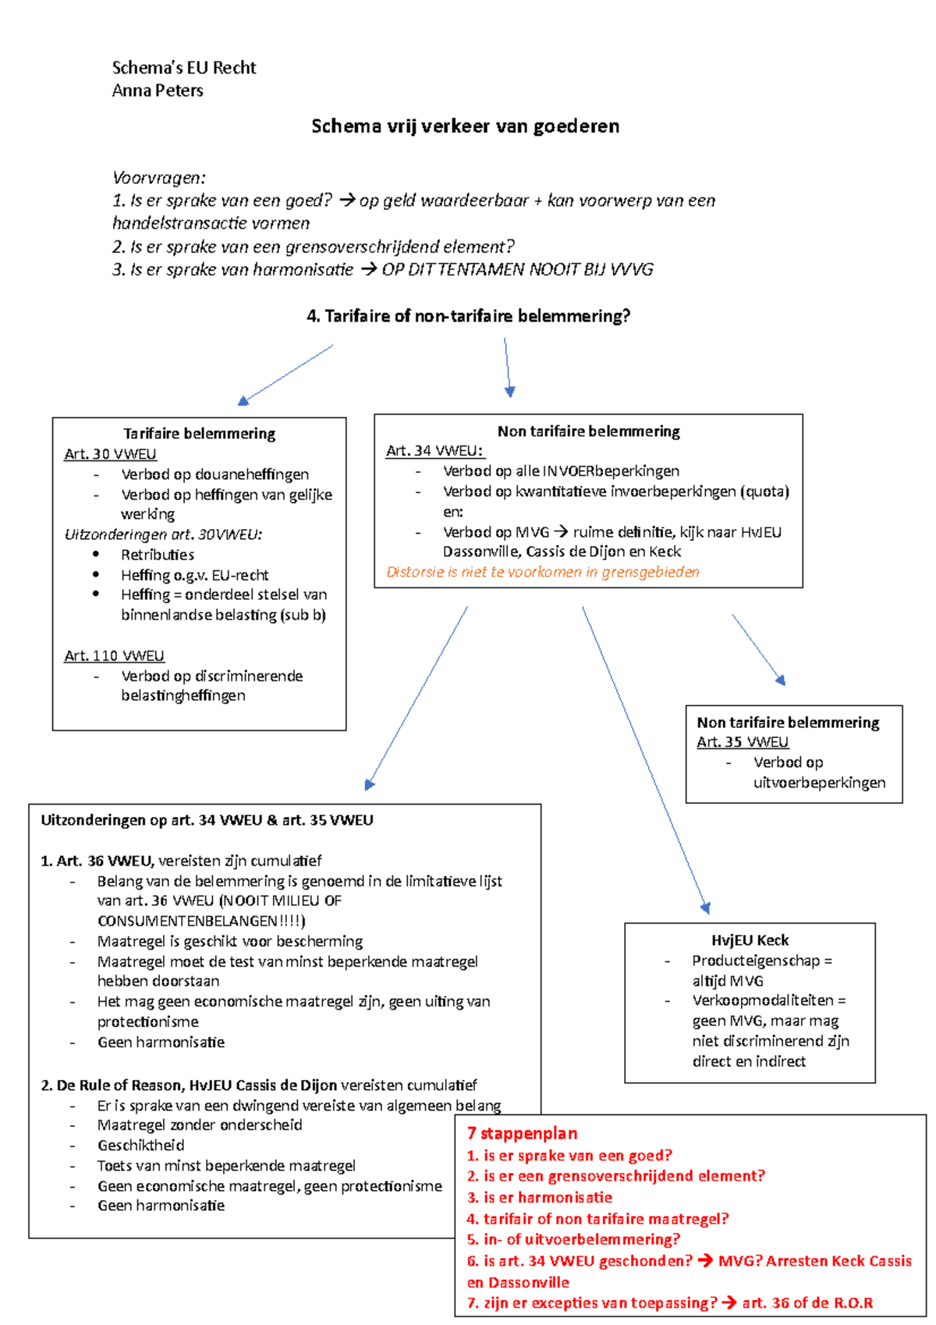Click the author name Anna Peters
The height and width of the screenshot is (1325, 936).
click(x=158, y=91)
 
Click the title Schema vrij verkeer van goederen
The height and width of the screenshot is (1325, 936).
click(x=465, y=126)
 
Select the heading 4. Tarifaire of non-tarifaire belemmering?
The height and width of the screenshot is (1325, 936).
click(x=468, y=316)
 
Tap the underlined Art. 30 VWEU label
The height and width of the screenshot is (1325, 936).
click(x=110, y=454)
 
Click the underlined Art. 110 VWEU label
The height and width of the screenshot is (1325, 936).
click(x=114, y=655)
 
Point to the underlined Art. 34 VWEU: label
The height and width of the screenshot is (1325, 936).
click(x=434, y=451)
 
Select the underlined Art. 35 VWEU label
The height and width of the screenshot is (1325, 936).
click(x=742, y=742)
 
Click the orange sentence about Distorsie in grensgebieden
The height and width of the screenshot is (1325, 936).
click(x=543, y=572)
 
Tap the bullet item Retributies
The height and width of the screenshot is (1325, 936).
click(x=157, y=555)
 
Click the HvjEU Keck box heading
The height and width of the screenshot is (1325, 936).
click(x=750, y=940)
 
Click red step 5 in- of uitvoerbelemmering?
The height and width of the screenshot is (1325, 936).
click(x=573, y=1239)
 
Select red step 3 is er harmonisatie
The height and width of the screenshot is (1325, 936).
click(x=539, y=1197)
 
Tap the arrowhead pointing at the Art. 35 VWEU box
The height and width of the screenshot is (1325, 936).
click(x=780, y=680)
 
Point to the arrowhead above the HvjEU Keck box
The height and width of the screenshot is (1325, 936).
click(x=705, y=908)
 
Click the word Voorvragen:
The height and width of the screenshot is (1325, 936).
click(x=158, y=178)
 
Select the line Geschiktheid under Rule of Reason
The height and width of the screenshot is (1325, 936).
click(x=140, y=1146)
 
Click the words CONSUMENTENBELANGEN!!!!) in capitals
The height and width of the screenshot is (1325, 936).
click(x=201, y=921)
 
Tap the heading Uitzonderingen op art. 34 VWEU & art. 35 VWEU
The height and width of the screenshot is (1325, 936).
click(x=207, y=820)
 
